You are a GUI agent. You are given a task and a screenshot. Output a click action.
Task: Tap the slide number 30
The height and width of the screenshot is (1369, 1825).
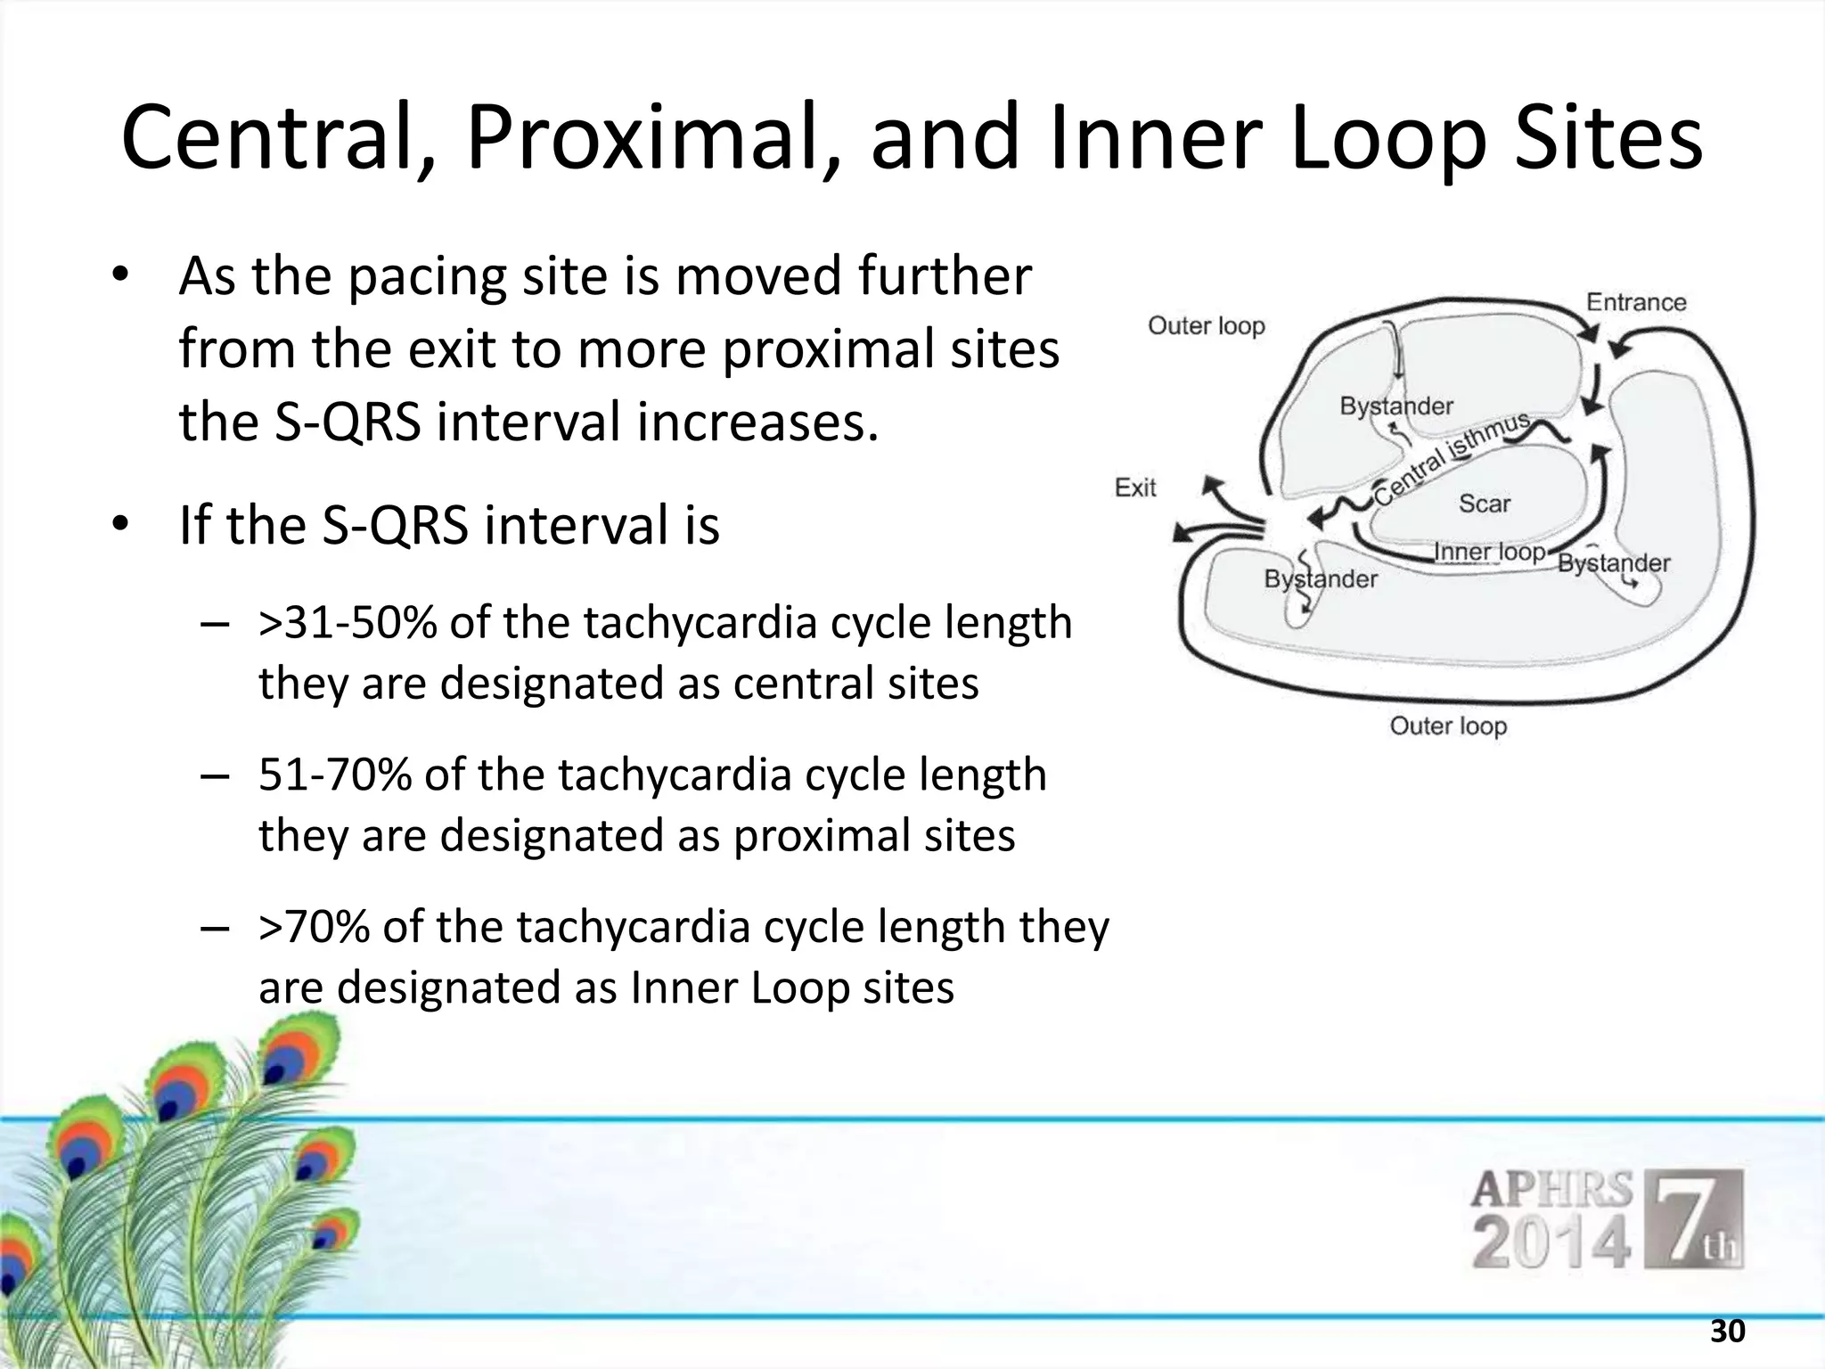[1727, 1332]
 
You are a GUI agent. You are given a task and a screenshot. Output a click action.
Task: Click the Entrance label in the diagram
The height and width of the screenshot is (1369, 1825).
[1636, 302]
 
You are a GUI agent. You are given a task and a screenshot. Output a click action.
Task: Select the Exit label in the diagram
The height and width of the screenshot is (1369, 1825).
[1135, 488]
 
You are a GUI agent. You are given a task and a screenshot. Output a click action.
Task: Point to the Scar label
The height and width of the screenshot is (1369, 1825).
[1485, 504]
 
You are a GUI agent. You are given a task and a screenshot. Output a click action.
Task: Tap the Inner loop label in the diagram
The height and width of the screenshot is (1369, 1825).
[1488, 552]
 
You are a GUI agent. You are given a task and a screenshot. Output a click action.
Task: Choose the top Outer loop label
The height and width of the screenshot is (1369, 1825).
[1206, 326]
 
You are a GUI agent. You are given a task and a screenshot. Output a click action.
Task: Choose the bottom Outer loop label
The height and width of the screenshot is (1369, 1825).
[1448, 725]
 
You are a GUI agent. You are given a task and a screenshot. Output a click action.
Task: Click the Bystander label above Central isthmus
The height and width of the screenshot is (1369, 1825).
[1396, 406]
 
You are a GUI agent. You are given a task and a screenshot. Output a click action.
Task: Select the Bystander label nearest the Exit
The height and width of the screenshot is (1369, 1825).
[1321, 579]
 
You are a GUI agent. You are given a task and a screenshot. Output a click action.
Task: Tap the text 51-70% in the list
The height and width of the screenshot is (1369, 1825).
[334, 775]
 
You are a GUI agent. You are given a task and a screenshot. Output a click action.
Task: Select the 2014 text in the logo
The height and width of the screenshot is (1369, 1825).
[1551, 1244]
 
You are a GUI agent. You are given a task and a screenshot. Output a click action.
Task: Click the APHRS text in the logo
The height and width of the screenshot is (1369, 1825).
[1551, 1190]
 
